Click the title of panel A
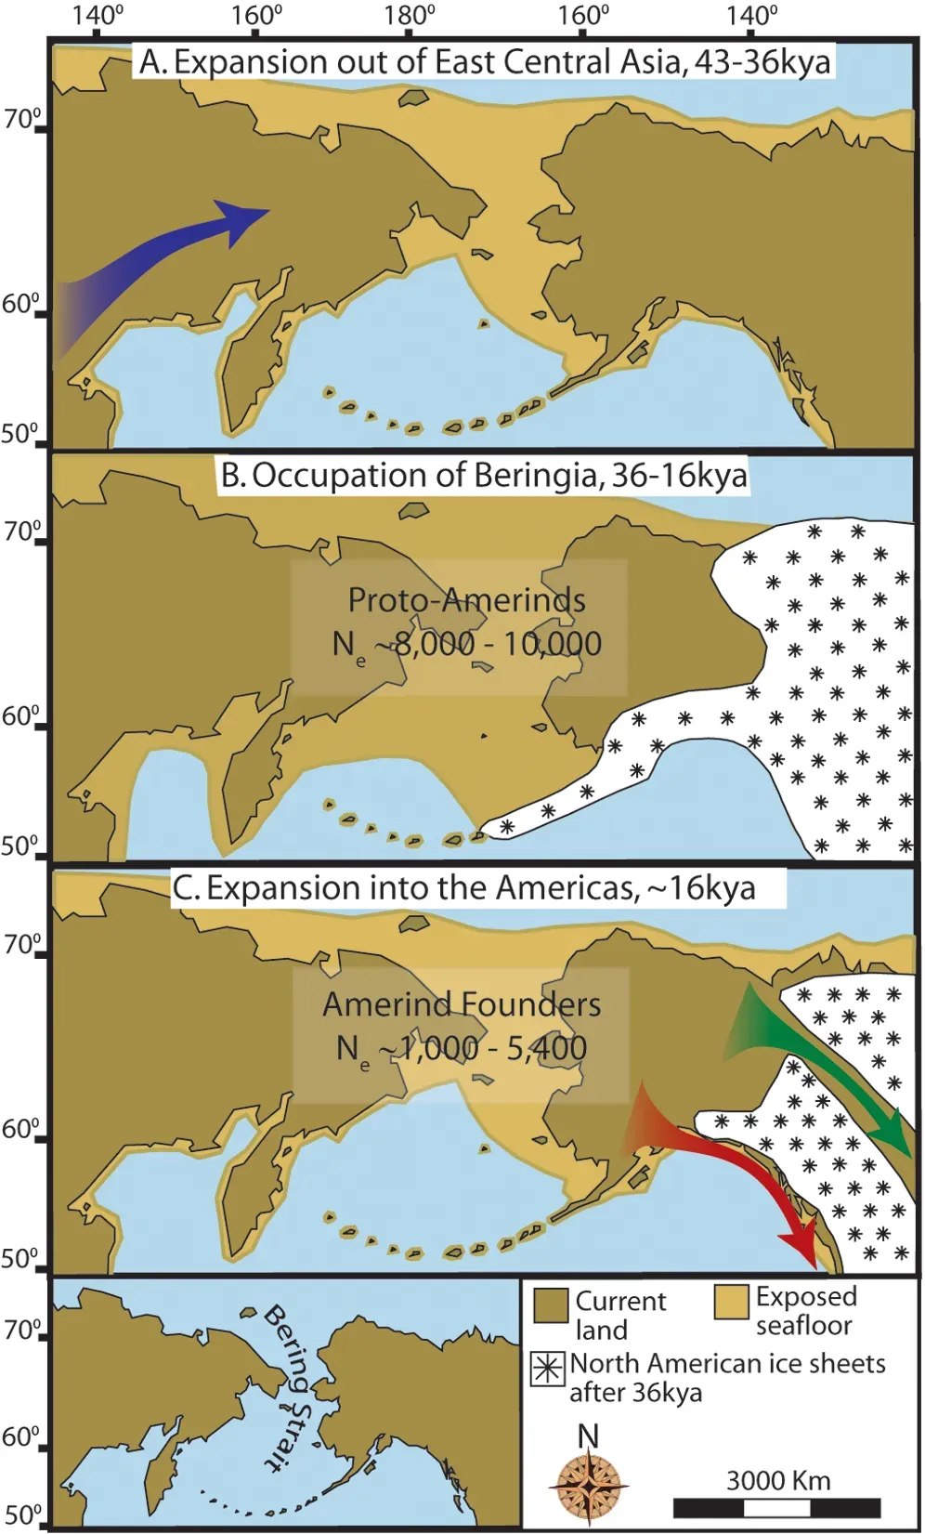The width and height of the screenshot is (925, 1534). (x=484, y=61)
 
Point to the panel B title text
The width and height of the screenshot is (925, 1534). (x=484, y=475)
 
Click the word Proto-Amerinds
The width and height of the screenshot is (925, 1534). (x=466, y=600)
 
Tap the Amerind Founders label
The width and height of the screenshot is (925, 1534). (x=462, y=1004)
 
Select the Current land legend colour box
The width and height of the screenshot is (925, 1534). (x=552, y=1305)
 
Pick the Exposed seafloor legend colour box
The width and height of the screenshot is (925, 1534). (x=732, y=1302)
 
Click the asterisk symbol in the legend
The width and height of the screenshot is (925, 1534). (x=548, y=1370)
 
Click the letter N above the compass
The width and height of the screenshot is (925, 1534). (x=588, y=1436)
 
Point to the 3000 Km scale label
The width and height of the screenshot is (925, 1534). (x=777, y=1480)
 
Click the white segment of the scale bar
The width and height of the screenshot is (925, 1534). (x=777, y=1507)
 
